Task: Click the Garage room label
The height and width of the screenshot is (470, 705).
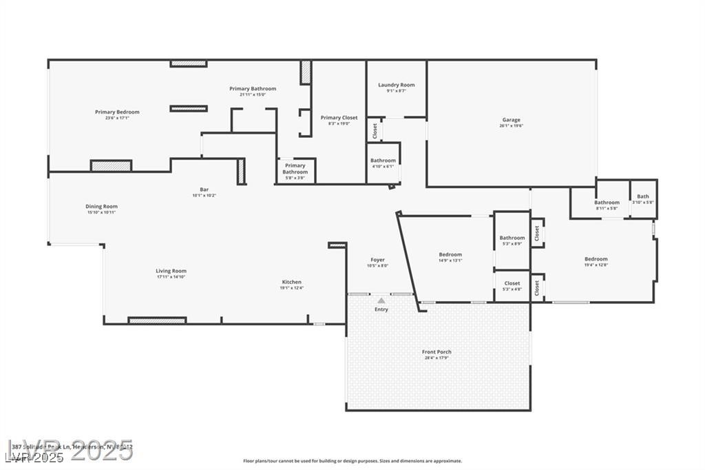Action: (x=511, y=120)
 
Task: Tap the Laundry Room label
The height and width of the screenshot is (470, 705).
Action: (x=396, y=85)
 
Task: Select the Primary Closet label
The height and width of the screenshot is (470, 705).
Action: (x=339, y=118)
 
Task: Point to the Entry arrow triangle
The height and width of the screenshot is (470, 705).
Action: (x=381, y=300)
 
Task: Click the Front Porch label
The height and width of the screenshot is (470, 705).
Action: (x=436, y=352)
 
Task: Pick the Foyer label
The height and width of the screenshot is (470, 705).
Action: (x=377, y=260)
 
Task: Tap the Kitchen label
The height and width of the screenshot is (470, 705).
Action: (x=291, y=282)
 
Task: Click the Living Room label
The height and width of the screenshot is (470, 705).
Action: (x=171, y=272)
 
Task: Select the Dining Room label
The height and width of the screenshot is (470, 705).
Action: (x=101, y=207)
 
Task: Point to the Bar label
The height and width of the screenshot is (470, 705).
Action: (x=204, y=190)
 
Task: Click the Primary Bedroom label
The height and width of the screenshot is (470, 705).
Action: (x=117, y=112)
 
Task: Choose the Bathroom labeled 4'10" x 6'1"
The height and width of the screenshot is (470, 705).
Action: (x=383, y=161)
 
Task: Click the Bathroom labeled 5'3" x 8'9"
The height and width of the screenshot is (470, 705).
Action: (x=512, y=238)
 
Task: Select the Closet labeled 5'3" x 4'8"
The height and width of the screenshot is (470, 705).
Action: (x=512, y=283)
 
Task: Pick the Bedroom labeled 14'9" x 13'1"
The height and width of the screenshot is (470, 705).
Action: (x=450, y=255)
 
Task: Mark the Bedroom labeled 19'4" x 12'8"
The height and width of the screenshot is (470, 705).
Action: (x=596, y=260)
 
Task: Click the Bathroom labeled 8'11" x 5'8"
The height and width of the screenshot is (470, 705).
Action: (x=607, y=203)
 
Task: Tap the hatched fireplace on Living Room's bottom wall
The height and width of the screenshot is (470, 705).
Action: (x=157, y=320)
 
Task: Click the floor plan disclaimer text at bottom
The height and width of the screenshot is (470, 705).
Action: (x=352, y=461)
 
